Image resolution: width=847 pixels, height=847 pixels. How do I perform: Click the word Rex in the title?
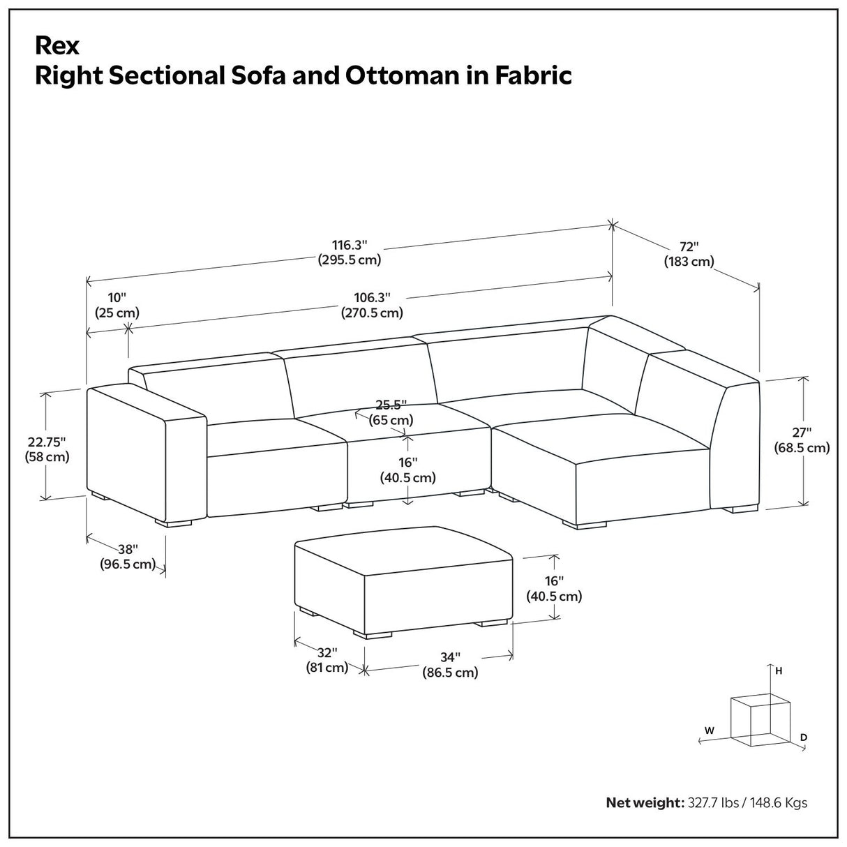[x=57, y=45]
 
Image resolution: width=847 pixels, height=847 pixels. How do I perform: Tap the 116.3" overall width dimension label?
[x=350, y=245]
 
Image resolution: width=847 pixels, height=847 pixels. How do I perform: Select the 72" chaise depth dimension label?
[x=689, y=246]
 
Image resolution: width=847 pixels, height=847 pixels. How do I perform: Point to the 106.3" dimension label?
[x=371, y=298]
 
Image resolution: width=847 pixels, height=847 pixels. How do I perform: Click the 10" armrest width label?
[x=117, y=298]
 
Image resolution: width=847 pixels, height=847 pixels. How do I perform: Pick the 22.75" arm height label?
[x=47, y=442]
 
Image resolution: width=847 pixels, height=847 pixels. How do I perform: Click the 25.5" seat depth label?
[x=391, y=405]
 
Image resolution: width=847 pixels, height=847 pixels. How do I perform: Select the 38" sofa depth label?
[x=128, y=549]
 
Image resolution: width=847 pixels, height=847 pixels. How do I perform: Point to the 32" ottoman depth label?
[x=327, y=653]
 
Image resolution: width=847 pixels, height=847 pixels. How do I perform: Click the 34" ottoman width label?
[x=450, y=657]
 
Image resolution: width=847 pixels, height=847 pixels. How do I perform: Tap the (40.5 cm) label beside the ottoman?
[x=554, y=597]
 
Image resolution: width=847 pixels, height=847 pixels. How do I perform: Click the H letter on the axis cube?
[x=779, y=671]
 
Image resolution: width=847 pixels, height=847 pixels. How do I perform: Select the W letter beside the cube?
[x=709, y=730]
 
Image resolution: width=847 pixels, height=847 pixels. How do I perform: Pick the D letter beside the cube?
[x=804, y=737]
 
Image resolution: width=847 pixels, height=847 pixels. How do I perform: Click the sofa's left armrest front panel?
[x=126, y=454]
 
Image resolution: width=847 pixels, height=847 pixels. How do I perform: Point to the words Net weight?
[x=644, y=803]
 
